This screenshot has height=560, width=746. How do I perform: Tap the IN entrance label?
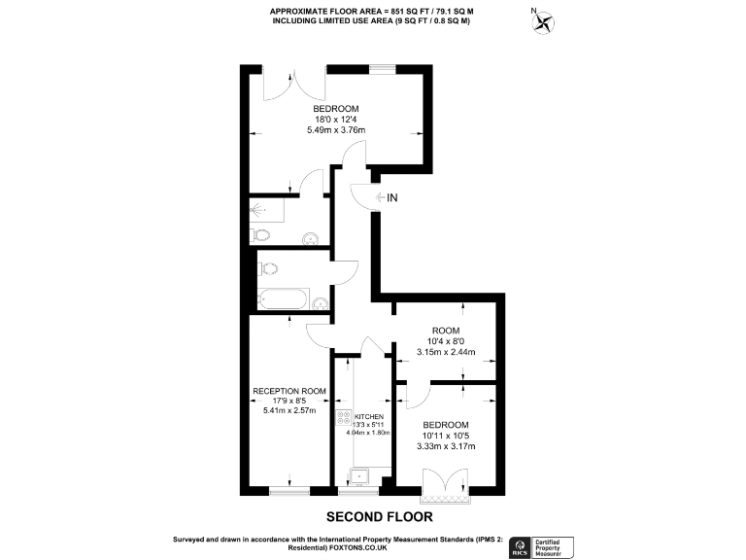click(x=392, y=198)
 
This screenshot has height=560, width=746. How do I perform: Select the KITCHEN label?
click(x=369, y=415)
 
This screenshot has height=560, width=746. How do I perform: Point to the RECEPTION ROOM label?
click(x=289, y=391)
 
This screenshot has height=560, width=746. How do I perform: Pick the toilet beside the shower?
click(x=260, y=234)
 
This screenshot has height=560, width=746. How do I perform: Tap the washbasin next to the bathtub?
click(x=320, y=301)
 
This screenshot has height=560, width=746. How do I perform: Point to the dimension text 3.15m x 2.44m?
click(x=446, y=352)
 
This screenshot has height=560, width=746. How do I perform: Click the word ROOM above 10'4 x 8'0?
click(x=446, y=331)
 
